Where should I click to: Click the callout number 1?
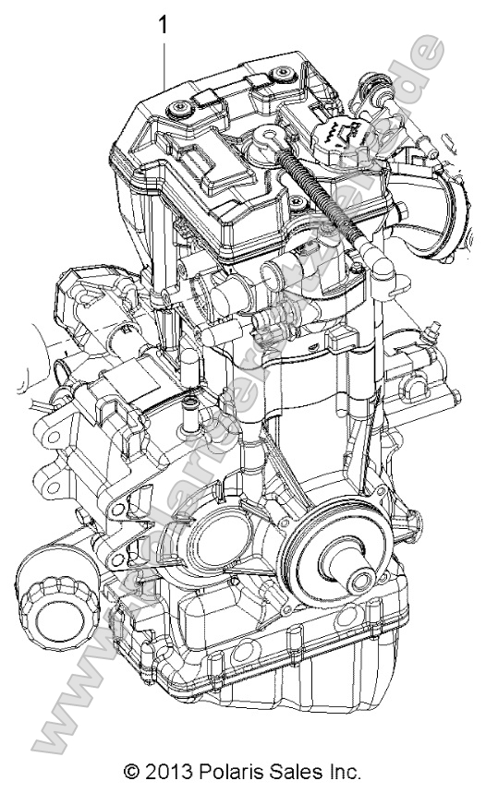(x=164, y=25)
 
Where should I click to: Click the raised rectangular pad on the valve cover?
(x=214, y=166)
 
